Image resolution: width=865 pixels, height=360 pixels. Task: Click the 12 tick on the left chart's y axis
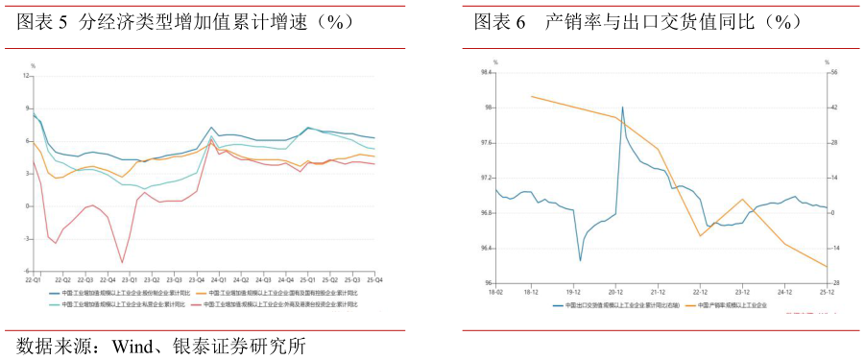pos(27,77)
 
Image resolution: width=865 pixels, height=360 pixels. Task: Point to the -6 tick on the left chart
pos(27,271)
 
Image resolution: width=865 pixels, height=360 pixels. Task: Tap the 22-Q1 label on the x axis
pos(33,279)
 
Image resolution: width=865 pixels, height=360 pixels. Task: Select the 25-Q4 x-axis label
pos(376,279)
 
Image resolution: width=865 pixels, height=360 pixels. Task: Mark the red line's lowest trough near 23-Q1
pos(122,262)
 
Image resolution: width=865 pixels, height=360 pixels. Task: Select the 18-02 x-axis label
pos(495,291)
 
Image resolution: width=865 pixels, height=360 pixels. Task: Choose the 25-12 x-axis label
pos(827,291)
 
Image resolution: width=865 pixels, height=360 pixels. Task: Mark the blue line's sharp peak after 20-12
pos(622,107)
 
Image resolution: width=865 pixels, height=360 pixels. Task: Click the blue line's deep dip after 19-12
pos(580,260)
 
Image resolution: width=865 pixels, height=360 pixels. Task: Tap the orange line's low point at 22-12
pos(700,235)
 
